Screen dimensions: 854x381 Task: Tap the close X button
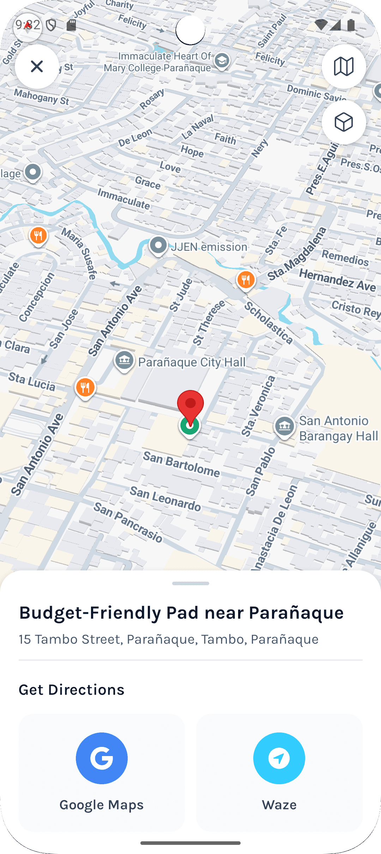(37, 66)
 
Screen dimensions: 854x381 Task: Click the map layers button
(344, 66)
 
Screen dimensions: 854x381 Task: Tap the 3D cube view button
(344, 122)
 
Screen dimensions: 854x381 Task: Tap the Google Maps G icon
(102, 758)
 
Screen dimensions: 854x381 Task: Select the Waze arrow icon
(279, 758)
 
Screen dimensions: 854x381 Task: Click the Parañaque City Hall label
(192, 362)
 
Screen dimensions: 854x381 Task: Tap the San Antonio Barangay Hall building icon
(284, 426)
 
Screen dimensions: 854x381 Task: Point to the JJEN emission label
(209, 247)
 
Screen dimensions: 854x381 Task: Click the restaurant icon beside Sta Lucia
(85, 388)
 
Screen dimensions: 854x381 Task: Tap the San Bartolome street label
(181, 464)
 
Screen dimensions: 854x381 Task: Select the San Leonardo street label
(165, 499)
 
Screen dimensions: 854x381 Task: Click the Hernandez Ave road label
(337, 280)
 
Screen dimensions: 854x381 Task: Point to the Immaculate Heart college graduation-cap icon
(222, 61)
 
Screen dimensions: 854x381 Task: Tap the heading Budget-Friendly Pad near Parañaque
(181, 613)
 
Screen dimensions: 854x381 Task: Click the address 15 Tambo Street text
(169, 639)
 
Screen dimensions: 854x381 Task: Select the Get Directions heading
(72, 689)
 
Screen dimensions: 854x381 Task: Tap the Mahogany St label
(42, 97)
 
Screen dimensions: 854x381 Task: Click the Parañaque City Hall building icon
(124, 360)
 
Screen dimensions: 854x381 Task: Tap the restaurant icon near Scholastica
(246, 280)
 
